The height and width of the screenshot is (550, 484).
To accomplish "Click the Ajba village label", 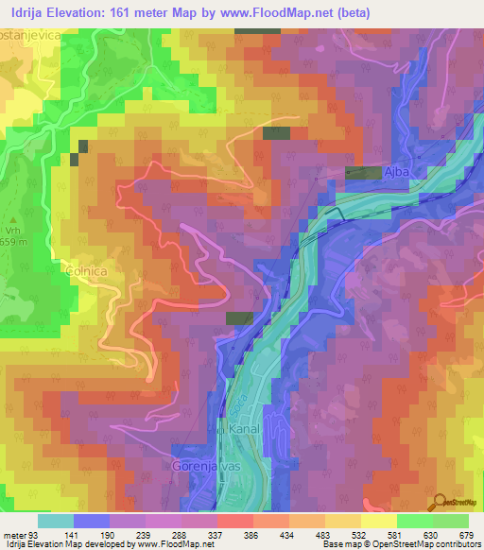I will click(399, 173).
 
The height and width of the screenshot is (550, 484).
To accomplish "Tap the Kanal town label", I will click(245, 428).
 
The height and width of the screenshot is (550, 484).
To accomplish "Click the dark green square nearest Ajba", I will click(363, 172).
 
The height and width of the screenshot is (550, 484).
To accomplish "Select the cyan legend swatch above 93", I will click(55, 521).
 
